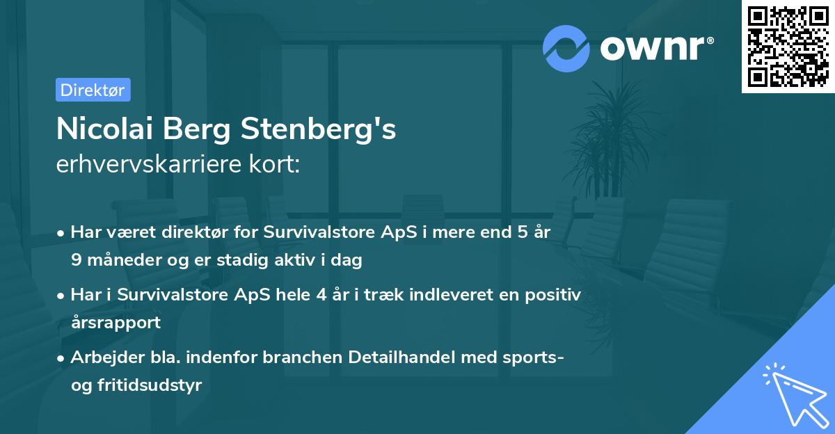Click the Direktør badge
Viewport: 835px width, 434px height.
tap(93, 90)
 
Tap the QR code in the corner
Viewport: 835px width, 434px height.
tap(787, 47)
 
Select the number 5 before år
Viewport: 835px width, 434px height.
tap(522, 232)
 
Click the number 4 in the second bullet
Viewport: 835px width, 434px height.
tap(321, 294)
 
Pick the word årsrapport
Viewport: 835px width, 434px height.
tap(116, 322)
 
